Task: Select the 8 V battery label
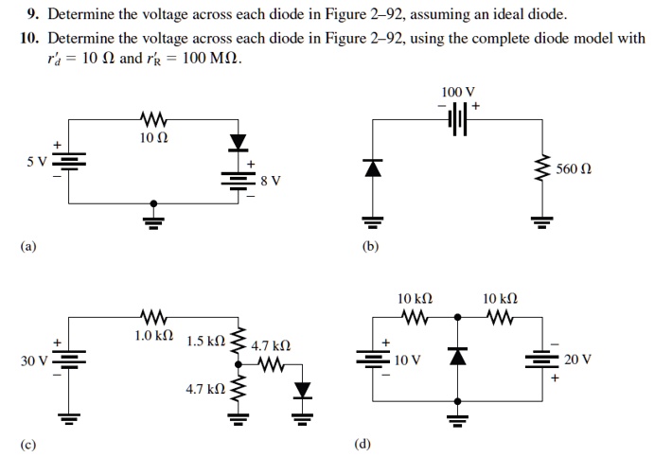tap(271, 180)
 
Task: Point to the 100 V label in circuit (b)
tap(457, 92)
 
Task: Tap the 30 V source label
tap(37, 360)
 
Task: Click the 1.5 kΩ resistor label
tap(205, 341)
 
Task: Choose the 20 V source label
tap(576, 360)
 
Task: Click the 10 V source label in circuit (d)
tap(408, 360)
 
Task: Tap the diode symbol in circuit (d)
tap(458, 356)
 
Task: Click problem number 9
tap(30, 15)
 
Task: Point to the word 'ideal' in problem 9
tap(511, 15)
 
